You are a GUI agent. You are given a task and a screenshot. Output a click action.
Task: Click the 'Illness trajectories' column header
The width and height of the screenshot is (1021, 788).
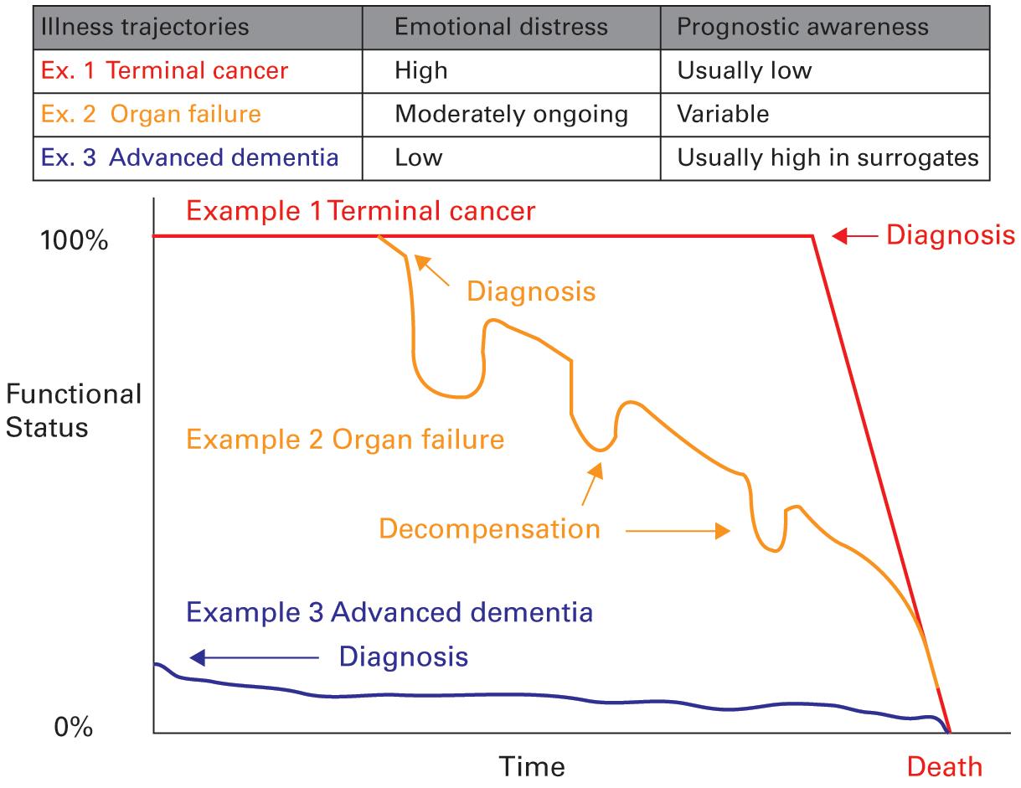pyautogui.click(x=142, y=26)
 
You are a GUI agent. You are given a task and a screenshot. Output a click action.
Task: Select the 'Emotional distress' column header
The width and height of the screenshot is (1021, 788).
pyautogui.click(x=500, y=26)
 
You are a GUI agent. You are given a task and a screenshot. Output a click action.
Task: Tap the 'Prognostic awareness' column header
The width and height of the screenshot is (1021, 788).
pyautogui.click(x=802, y=26)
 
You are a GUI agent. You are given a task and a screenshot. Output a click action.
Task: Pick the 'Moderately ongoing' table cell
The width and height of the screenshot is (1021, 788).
pyautogui.click(x=511, y=113)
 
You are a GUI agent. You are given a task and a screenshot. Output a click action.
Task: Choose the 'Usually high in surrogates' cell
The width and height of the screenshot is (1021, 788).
pyautogui.click(x=828, y=157)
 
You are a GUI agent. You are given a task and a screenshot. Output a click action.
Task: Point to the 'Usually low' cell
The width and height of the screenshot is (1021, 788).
pyautogui.click(x=744, y=70)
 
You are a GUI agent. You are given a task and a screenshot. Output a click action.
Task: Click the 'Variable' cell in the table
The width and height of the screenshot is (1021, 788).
pyautogui.click(x=723, y=113)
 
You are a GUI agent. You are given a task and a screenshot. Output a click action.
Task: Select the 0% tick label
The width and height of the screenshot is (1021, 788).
pyautogui.click(x=74, y=727)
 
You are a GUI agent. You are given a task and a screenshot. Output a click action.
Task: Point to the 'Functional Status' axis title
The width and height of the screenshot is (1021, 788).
pyautogui.click(x=73, y=410)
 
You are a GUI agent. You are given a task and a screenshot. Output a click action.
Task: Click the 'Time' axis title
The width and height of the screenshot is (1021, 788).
pyautogui.click(x=532, y=766)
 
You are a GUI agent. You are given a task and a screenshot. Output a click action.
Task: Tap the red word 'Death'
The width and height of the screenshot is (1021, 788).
pyautogui.click(x=945, y=766)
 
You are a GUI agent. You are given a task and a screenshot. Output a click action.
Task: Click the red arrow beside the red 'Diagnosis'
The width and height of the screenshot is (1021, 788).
pyautogui.click(x=854, y=236)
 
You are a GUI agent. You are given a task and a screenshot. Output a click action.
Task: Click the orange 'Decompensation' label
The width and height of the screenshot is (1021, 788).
pyautogui.click(x=490, y=529)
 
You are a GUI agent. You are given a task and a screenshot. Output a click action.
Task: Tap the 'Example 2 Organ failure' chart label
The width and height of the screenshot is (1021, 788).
pyautogui.click(x=345, y=438)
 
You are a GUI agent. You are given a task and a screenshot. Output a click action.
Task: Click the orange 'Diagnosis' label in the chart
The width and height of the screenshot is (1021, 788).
pyautogui.click(x=531, y=291)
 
